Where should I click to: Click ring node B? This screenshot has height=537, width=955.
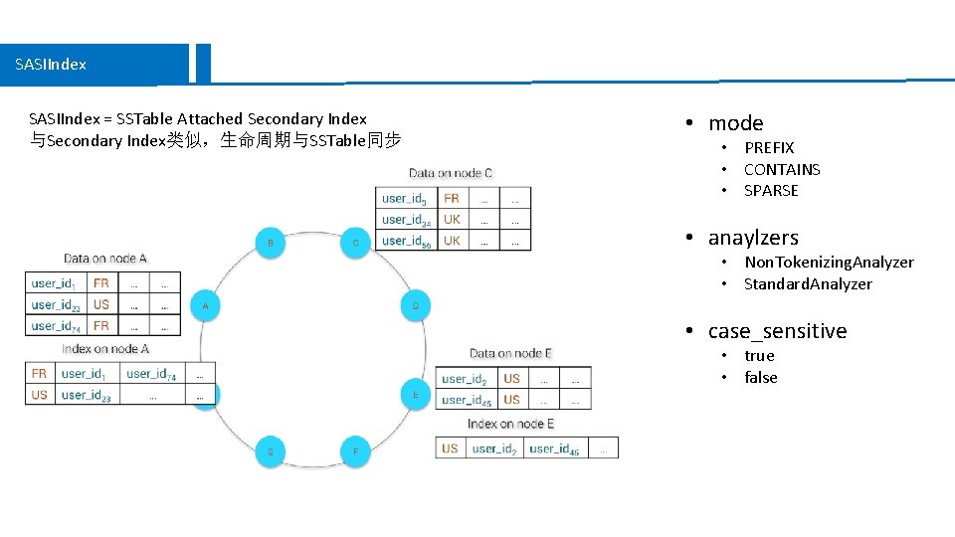[271, 242]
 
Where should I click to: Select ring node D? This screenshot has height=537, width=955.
[416, 305]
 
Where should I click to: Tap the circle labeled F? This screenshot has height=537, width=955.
[355, 451]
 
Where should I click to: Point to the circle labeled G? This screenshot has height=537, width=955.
[270, 451]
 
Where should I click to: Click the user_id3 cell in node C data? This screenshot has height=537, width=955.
[406, 199]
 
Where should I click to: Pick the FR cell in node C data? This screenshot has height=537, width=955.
[452, 199]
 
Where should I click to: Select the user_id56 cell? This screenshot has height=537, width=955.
[407, 241]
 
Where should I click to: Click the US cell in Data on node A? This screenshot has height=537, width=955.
[101, 304]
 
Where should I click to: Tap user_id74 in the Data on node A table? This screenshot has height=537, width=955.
[57, 325]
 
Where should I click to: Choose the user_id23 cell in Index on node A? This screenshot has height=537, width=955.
[86, 395]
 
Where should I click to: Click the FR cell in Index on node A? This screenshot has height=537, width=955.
[39, 374]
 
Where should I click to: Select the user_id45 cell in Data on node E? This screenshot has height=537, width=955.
[467, 400]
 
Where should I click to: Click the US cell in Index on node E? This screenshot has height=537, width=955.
[450, 448]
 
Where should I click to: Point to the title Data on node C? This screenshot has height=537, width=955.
[450, 173]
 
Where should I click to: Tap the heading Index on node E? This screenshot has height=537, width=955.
[510, 424]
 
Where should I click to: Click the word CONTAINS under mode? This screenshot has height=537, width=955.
[782, 169]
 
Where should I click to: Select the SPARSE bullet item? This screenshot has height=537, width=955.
[771, 190]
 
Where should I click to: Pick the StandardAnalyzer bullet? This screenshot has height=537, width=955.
[808, 283]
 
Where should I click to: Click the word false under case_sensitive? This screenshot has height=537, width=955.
[761, 377]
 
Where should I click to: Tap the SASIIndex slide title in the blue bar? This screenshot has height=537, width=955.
[51, 64]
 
